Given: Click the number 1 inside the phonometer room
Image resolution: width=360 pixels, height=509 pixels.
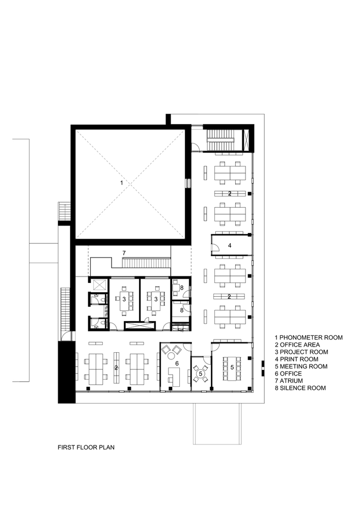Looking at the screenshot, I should click(121, 182).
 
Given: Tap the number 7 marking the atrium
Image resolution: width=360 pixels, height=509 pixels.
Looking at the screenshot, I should click(123, 253).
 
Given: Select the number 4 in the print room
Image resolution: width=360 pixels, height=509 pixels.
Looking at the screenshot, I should click(230, 245).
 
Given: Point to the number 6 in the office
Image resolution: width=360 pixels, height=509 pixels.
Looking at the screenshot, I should click(177, 363).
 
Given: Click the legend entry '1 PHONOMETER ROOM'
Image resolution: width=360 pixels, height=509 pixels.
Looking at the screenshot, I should click(309, 337).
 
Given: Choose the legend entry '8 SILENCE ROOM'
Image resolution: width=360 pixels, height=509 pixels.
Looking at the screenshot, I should click(300, 388).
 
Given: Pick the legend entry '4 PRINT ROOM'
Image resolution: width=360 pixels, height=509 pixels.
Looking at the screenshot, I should click(297, 359).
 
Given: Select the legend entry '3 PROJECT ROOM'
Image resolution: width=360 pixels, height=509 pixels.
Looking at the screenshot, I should click(301, 352).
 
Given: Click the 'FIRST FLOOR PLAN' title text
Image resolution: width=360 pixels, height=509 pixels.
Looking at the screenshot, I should click(86, 448).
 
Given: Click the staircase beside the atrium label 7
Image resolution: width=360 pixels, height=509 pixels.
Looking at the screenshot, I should click(146, 263).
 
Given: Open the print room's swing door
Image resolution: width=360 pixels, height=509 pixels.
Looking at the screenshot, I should click(215, 248).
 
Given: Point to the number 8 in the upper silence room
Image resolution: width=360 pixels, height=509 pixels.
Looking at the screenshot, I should click(181, 288).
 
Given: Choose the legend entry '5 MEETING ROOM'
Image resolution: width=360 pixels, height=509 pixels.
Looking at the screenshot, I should click(301, 366).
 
